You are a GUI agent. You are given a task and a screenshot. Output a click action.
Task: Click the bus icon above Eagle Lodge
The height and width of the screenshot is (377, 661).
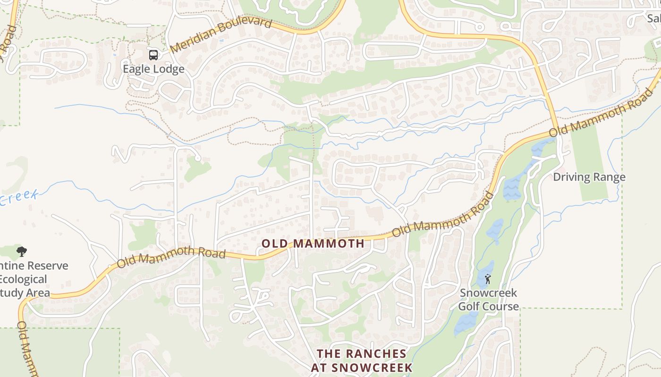pyautogui.click(x=153, y=55)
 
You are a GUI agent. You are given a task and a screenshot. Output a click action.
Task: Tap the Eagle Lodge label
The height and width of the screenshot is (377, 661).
pyautogui.click(x=153, y=69)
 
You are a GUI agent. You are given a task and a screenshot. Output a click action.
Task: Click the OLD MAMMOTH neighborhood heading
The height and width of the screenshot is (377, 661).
pyautogui.click(x=313, y=244)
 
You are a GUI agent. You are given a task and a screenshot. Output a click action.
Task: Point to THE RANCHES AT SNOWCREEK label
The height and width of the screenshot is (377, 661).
pyautogui.click(x=362, y=361)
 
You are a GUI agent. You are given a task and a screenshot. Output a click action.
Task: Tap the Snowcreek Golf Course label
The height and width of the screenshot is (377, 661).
pyautogui.click(x=488, y=300)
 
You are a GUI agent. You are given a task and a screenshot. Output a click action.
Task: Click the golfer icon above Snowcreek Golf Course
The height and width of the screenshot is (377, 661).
pyautogui.click(x=488, y=279)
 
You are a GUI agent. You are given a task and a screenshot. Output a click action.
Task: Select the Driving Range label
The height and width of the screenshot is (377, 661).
pyautogui.click(x=589, y=177)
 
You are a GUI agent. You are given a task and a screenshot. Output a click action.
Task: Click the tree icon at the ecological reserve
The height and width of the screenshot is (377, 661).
pyautogui.click(x=21, y=251)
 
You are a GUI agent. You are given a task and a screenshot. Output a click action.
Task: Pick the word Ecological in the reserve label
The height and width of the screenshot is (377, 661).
pyautogui.click(x=24, y=279)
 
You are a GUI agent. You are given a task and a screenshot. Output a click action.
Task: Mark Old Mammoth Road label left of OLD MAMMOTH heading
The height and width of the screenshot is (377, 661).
pyautogui.click(x=171, y=256)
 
